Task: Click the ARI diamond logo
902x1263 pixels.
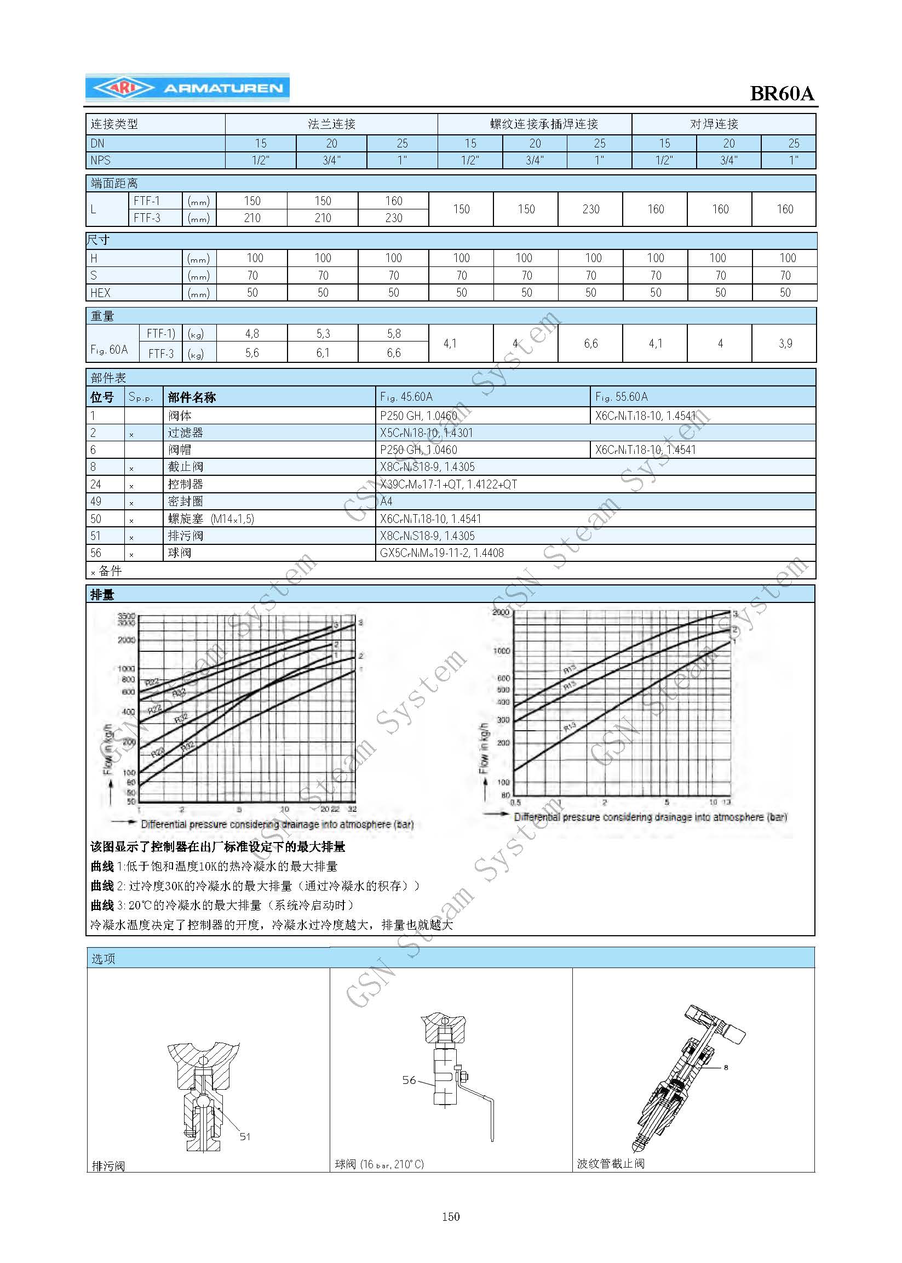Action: click(x=123, y=88)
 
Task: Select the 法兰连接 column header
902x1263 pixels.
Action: click(x=331, y=124)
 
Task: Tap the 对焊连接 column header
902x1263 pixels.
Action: click(x=714, y=124)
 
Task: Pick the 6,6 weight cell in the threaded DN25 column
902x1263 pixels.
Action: click(x=590, y=344)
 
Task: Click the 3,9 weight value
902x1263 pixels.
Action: click(x=785, y=344)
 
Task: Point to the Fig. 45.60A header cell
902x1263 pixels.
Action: click(x=406, y=397)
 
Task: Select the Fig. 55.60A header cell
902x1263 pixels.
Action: click(x=621, y=397)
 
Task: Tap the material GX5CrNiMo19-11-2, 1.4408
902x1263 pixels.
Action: click(x=441, y=553)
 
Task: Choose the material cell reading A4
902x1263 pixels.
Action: click(x=386, y=502)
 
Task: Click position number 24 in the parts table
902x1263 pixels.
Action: click(x=95, y=484)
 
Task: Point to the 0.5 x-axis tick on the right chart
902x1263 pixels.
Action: click(x=515, y=802)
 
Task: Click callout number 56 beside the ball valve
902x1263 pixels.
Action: click(x=409, y=1079)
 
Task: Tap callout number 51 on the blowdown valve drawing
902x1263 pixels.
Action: click(x=245, y=1137)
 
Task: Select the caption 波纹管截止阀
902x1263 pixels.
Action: click(x=611, y=1163)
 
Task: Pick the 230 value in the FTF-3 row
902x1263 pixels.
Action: click(x=393, y=218)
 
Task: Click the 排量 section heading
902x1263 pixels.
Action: click(x=102, y=595)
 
